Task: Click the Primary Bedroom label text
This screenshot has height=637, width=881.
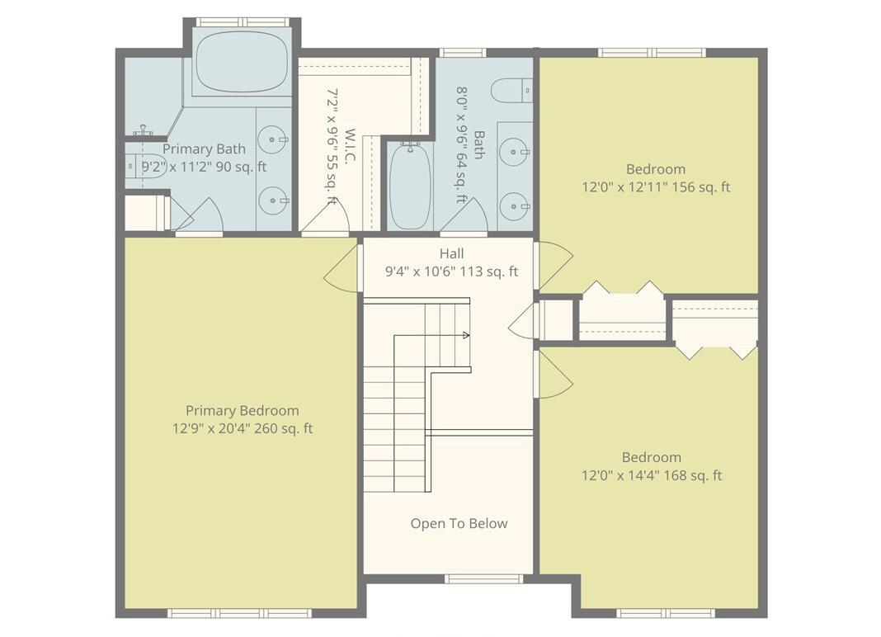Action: (242, 410)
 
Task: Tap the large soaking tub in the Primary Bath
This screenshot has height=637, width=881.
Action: (242, 62)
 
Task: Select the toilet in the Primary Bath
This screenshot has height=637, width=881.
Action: (141, 166)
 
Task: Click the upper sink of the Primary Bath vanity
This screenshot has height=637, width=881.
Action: (272, 139)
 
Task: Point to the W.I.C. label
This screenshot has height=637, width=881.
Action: (350, 145)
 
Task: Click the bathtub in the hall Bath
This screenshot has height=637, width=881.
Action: (410, 186)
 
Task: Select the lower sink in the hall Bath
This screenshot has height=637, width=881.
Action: (515, 206)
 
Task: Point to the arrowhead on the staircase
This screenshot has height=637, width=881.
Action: (466, 335)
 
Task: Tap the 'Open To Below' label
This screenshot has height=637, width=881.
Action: (459, 523)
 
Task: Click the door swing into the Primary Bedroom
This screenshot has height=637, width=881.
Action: (342, 270)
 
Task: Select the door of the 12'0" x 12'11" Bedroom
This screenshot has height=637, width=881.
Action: (554, 264)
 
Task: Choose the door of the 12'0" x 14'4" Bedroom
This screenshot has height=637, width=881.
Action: (554, 376)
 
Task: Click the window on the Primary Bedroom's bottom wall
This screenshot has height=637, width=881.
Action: (239, 613)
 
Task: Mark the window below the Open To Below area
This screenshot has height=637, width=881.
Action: (483, 578)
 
